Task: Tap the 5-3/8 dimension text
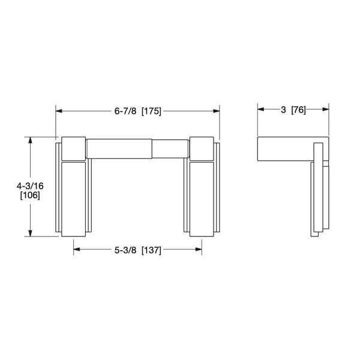(x=125, y=251)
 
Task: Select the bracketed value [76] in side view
(x=299, y=110)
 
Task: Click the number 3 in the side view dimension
(x=283, y=110)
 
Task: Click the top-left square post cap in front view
(x=74, y=148)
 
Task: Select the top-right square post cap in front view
(x=201, y=148)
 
